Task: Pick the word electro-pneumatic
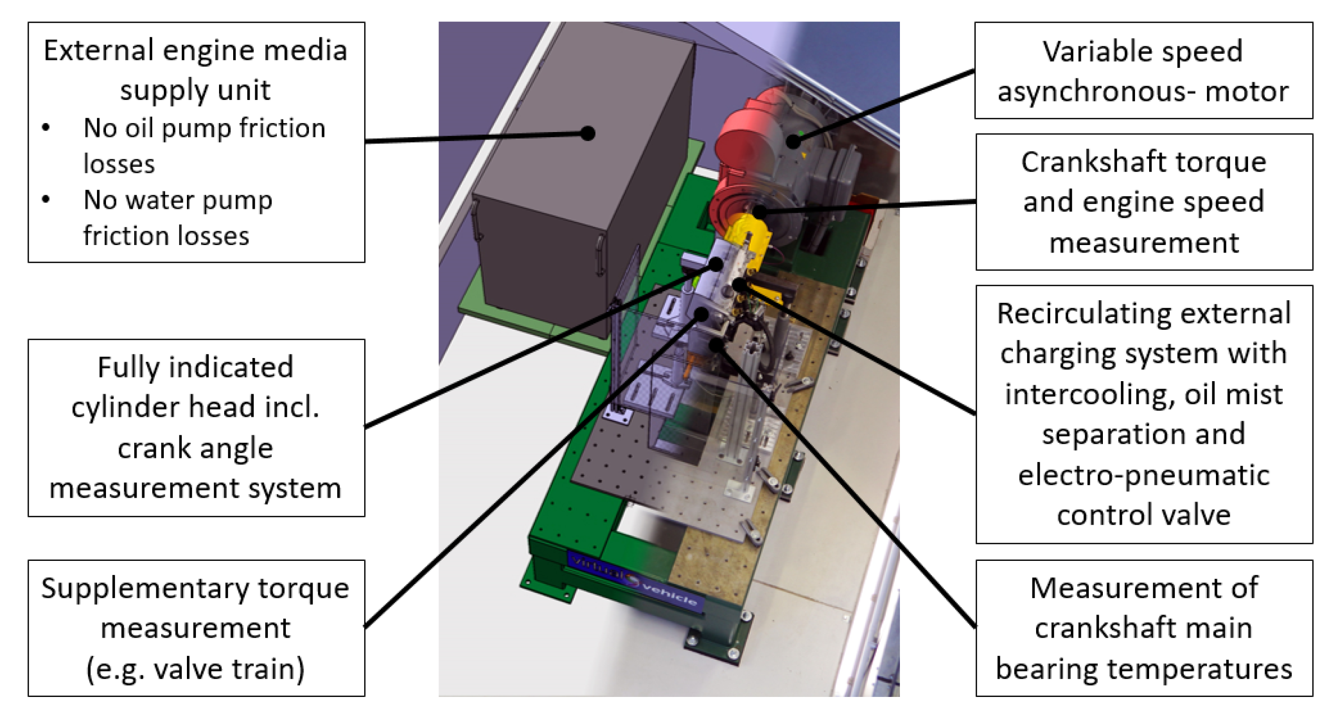point(1144,476)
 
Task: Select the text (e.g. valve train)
point(195,669)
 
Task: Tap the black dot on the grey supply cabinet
point(587,133)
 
